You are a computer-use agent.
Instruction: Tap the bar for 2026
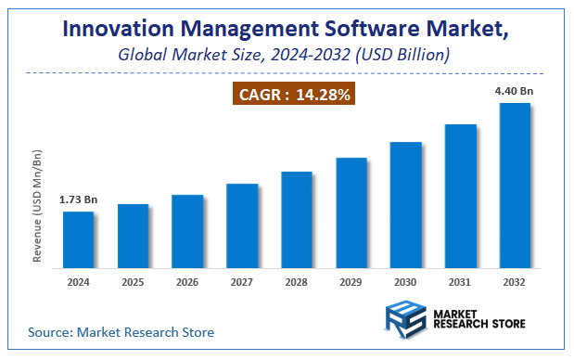[x=187, y=231]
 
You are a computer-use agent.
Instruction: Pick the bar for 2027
[x=242, y=225]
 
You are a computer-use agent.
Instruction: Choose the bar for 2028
[x=297, y=219]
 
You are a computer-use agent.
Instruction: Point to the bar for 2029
[x=351, y=212]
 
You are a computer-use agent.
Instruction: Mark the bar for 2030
[x=406, y=204]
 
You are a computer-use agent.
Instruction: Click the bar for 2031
[x=461, y=196]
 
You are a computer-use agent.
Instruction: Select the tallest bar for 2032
[x=516, y=185]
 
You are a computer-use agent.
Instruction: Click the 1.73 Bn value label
[x=78, y=199]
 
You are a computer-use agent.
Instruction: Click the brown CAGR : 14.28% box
[x=291, y=95]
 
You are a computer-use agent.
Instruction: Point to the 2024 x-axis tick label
[x=78, y=281]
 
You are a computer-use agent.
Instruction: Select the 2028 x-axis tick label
[x=297, y=281]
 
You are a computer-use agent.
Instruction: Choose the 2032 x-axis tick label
[x=516, y=281]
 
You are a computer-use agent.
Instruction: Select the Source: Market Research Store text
[x=121, y=331]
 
